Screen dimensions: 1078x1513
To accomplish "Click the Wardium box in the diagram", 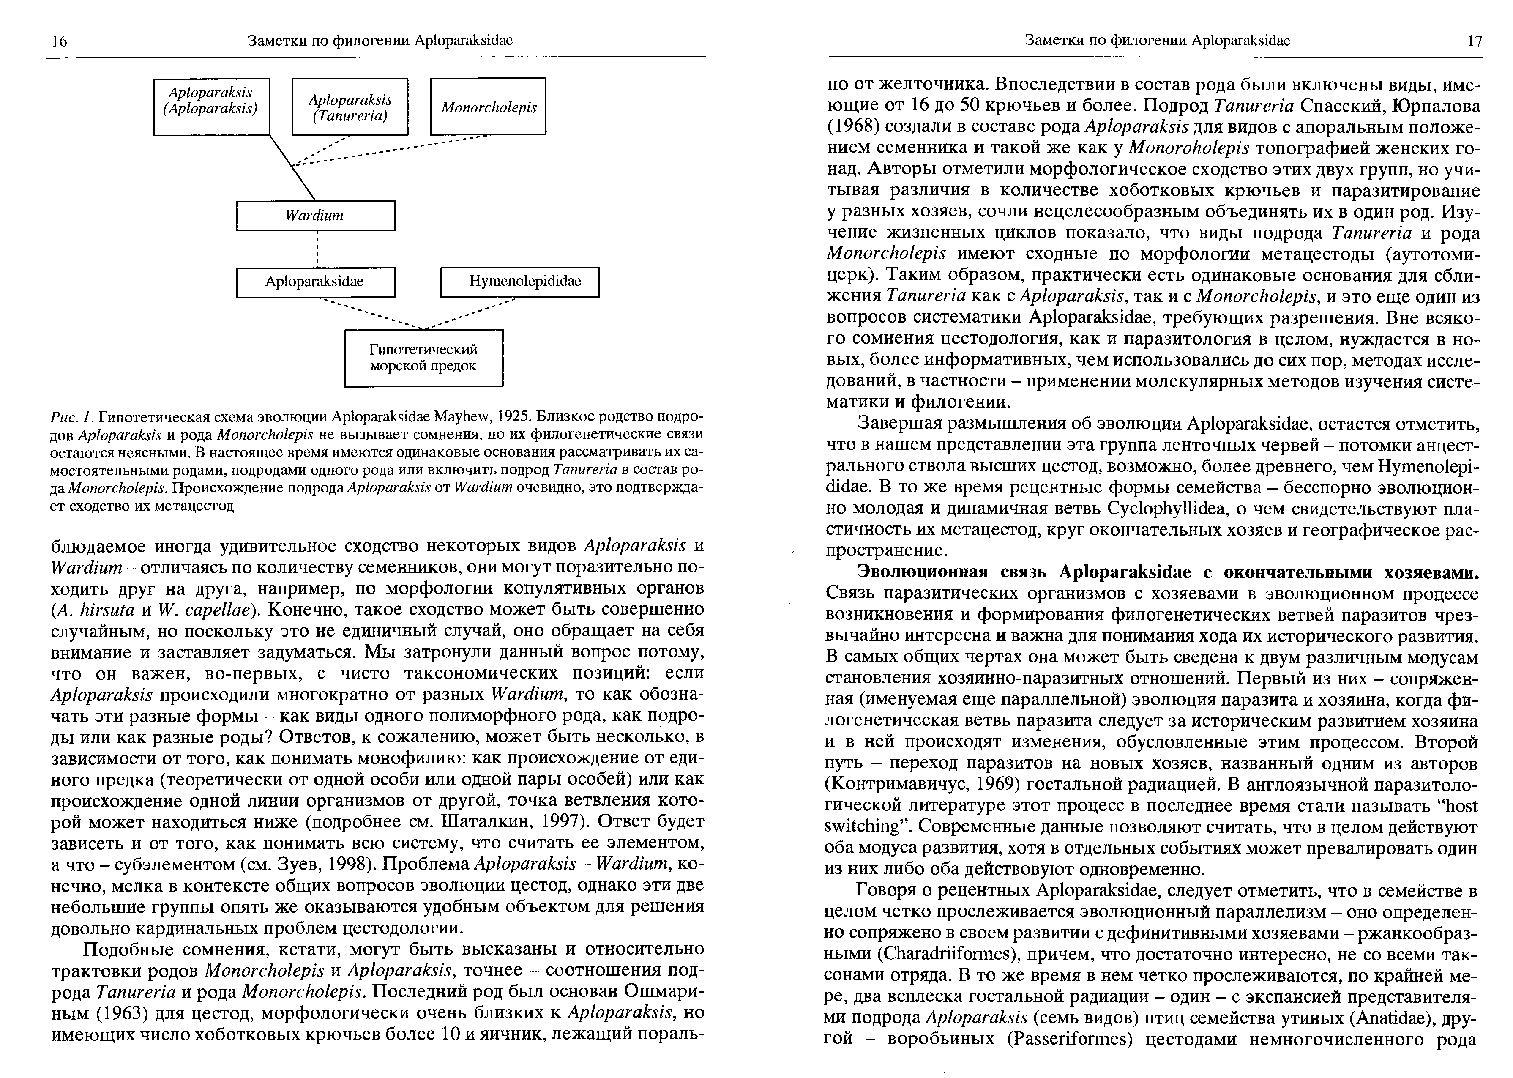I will click(315, 216).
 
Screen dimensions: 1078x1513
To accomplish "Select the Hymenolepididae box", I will click(519, 282).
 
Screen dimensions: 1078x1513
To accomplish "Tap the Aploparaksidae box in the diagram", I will click(315, 282).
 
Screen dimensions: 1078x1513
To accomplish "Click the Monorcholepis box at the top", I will click(489, 107).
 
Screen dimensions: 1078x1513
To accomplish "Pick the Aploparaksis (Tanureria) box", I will click(350, 107).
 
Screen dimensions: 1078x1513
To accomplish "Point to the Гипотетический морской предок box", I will click(423, 358).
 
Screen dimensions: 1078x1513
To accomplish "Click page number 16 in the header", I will click(59, 41).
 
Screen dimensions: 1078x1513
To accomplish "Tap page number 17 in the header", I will click(1473, 41).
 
